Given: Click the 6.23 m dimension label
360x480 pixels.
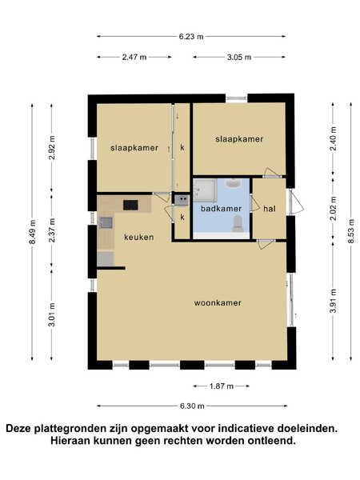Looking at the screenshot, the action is click(x=191, y=37).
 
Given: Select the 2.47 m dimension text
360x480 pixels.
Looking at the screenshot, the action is click(x=134, y=57).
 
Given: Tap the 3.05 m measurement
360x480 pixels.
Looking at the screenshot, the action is click(x=239, y=57).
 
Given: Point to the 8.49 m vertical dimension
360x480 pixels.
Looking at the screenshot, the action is click(x=32, y=232).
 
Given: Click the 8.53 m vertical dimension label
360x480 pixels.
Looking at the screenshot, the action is click(x=351, y=231).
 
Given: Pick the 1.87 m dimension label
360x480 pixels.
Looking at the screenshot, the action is click(x=222, y=386).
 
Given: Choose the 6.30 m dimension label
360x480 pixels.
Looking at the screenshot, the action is click(x=192, y=406).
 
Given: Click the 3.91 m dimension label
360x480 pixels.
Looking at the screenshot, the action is click(x=333, y=301).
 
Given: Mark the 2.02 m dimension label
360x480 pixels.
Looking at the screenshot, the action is click(x=333, y=209).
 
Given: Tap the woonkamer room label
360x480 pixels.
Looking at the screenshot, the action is click(x=218, y=303).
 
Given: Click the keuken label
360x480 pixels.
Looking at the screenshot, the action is click(x=138, y=238).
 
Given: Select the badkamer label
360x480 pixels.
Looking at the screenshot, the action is click(x=221, y=209).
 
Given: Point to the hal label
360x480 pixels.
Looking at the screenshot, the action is click(x=270, y=209).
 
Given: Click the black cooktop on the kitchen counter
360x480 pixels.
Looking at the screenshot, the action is click(x=130, y=205).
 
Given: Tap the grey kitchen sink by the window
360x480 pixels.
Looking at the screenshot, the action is click(x=106, y=222).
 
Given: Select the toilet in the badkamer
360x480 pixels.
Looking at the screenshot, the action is click(x=238, y=224).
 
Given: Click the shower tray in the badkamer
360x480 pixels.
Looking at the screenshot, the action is click(x=205, y=190).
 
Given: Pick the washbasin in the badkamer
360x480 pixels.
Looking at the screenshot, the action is click(x=234, y=183).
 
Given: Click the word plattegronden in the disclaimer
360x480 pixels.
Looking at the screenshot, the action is click(x=81, y=429).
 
